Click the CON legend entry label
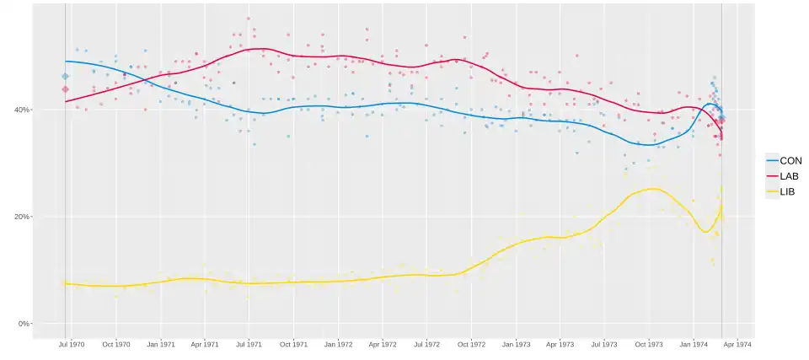790,160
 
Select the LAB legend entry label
790,176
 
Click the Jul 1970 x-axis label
71,344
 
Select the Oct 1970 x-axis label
115,344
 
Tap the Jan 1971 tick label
160,344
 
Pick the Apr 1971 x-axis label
204,344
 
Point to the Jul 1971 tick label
248,344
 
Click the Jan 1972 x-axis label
338,344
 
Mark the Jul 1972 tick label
426,344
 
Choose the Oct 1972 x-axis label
471,344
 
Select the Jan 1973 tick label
516,344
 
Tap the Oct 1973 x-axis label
649,344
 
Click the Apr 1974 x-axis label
737,344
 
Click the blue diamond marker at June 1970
65,77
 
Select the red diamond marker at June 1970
65,89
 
